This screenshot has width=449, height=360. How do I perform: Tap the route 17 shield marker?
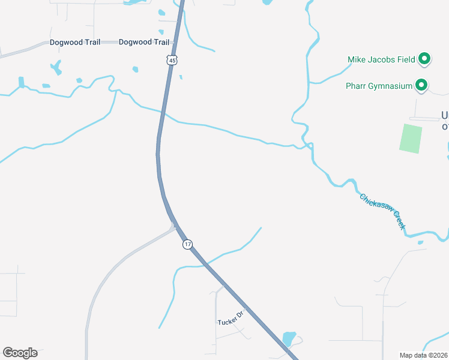[x=187, y=244]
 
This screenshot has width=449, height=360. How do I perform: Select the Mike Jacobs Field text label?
[x=382, y=59]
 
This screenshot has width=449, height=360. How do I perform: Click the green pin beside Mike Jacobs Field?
[x=424, y=58]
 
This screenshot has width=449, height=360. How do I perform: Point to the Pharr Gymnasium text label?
[x=379, y=86]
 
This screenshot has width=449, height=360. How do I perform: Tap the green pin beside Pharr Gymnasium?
[x=421, y=85]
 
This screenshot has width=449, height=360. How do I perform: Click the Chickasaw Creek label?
[x=383, y=211]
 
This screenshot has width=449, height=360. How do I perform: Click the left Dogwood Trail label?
[x=74, y=42]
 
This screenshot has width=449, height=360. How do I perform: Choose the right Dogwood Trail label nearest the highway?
[x=144, y=42]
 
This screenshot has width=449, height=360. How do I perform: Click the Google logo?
[x=20, y=353]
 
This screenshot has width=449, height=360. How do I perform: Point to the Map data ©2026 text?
[x=424, y=355]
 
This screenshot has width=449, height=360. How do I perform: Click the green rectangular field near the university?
[x=411, y=138]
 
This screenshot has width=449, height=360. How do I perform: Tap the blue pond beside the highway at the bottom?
[x=289, y=340]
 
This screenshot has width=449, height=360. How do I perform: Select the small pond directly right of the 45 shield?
[x=180, y=77]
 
